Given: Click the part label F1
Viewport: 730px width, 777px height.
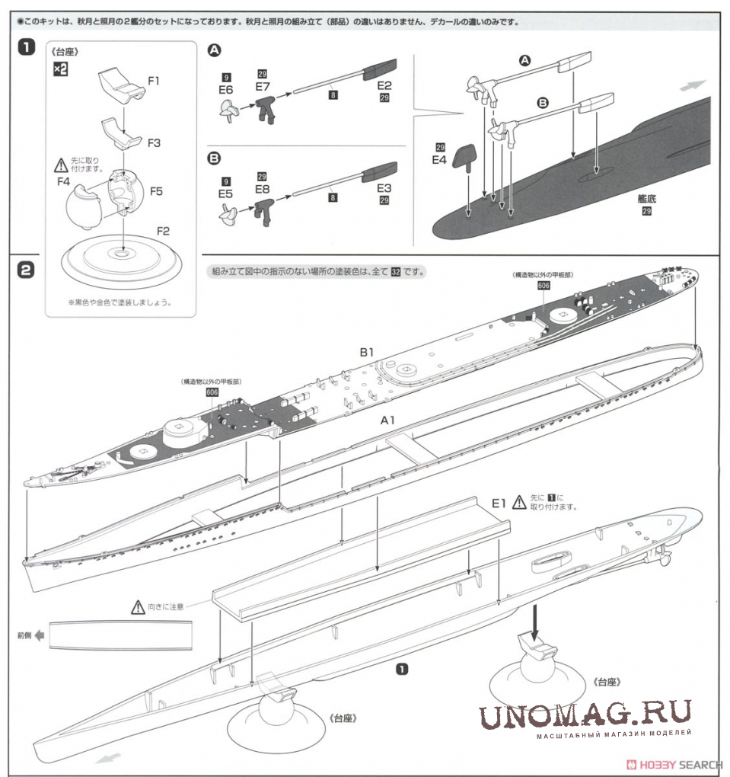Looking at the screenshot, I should coord(154,79).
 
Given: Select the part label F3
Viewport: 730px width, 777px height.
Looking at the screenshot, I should coord(154,142).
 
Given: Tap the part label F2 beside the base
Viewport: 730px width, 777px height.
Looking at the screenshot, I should coord(163,230).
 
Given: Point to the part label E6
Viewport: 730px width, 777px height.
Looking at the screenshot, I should coord(225,90).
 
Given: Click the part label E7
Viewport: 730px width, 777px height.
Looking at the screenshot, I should coord(263,86).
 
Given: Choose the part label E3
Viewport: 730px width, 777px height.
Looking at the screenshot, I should coord(384,187).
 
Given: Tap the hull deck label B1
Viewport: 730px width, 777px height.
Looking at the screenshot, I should coord(368,353).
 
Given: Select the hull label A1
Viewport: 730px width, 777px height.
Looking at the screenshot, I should coord(389,420).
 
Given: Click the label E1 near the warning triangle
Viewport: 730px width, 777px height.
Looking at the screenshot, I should coord(499,502).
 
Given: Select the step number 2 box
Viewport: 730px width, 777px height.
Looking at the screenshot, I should coord(25,270).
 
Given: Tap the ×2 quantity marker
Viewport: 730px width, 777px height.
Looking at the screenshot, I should coord(60,69).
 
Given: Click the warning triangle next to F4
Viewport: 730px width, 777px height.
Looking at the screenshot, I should coord(60,164).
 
